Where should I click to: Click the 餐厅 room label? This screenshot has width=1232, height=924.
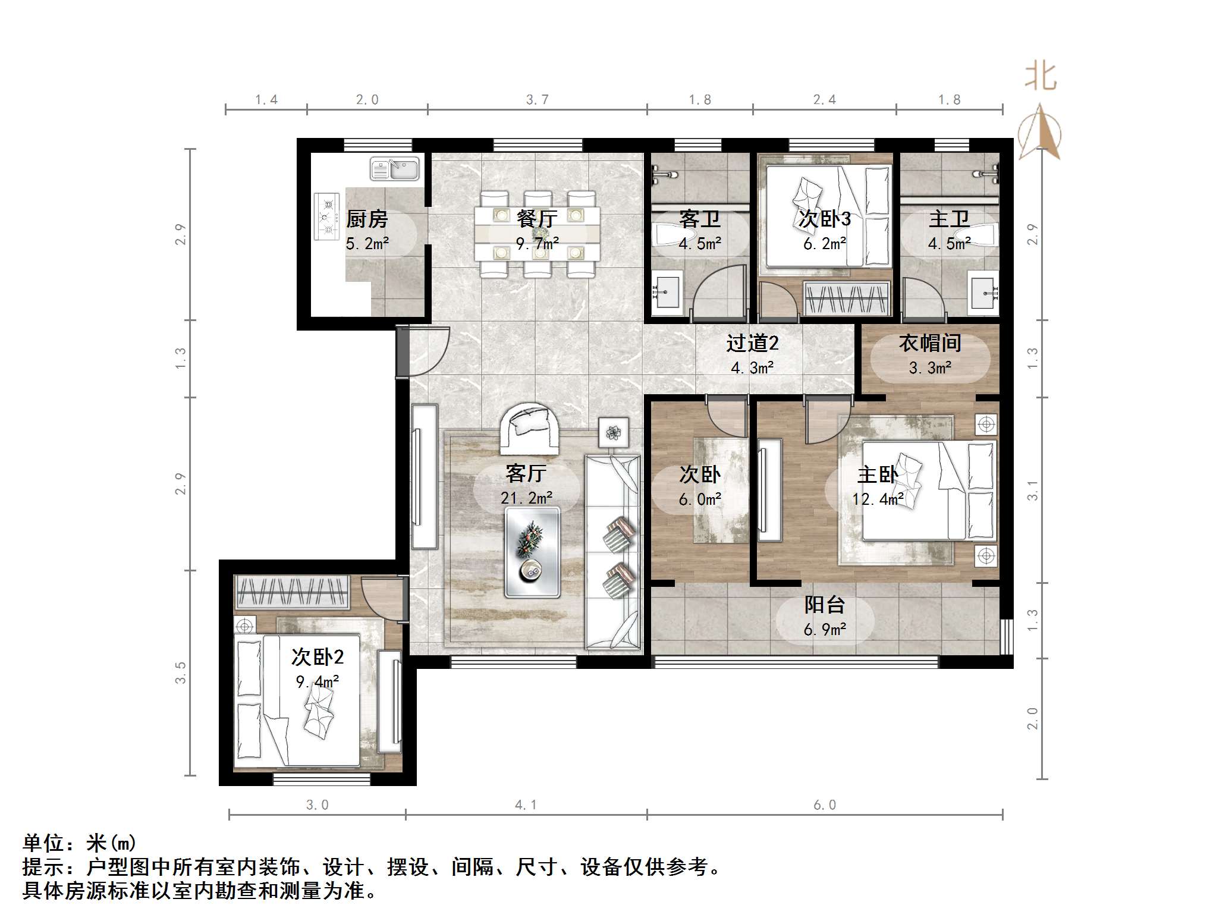pos(537,219)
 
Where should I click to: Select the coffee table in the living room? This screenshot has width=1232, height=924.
pos(532,552)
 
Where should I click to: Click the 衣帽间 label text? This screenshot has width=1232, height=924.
pos(930,343)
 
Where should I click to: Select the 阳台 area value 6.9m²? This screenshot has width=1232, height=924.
pos(825,630)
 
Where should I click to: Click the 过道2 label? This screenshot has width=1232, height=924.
pos(752,343)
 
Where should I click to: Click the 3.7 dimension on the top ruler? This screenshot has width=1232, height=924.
pos(537,100)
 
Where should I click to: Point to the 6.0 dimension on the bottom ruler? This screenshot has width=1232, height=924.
pos(825,805)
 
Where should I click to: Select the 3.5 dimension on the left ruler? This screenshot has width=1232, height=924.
pos(181,672)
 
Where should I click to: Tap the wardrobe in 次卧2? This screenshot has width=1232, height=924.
pos(292,592)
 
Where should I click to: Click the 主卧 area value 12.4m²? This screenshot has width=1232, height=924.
pos(878,499)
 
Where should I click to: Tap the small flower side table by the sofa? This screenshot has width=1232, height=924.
pos(614,432)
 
